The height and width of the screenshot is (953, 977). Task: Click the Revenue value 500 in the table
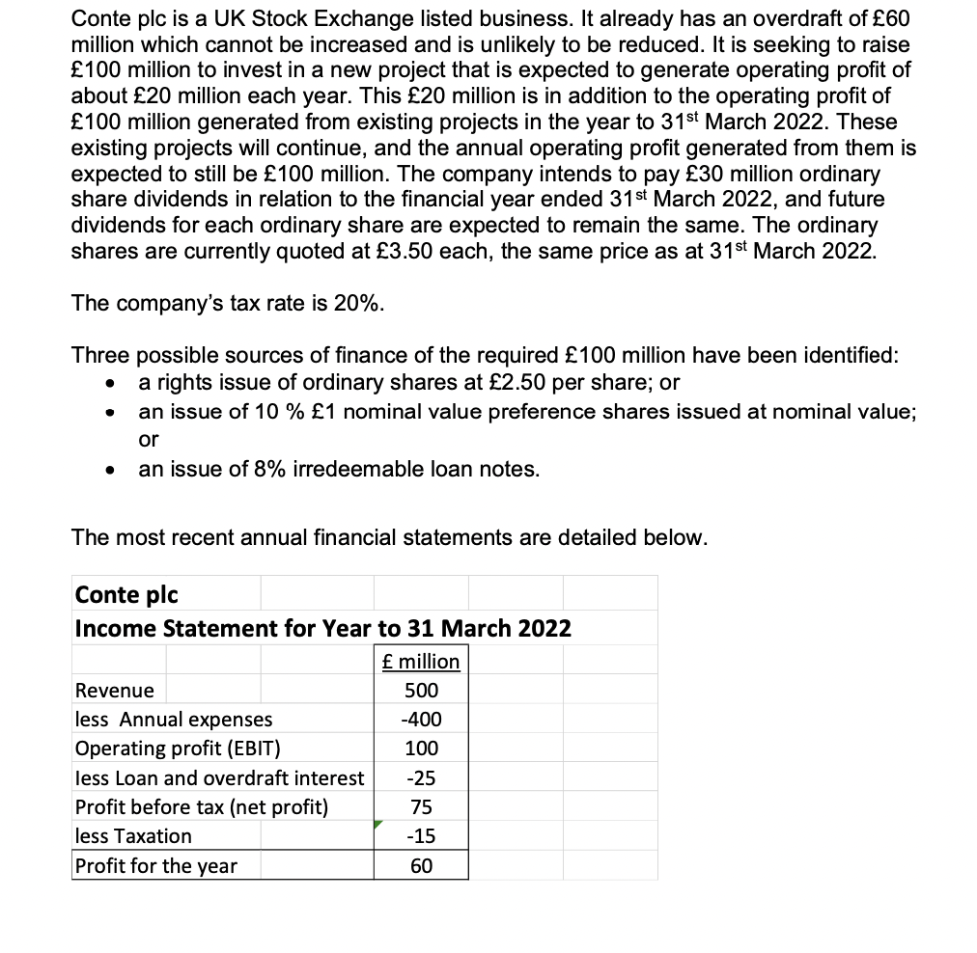(x=421, y=691)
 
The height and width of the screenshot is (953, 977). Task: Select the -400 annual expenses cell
(x=421, y=720)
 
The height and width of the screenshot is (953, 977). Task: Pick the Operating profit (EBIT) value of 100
(x=421, y=749)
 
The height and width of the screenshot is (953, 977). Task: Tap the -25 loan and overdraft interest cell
(x=421, y=777)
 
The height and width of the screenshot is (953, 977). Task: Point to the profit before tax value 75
(x=421, y=806)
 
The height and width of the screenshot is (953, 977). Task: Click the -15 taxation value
(x=421, y=835)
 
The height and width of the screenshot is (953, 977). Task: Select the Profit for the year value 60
(x=421, y=865)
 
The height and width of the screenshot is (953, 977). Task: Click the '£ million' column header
(x=421, y=661)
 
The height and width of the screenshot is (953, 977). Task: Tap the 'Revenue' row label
(x=114, y=691)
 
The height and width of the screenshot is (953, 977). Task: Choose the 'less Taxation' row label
(x=133, y=835)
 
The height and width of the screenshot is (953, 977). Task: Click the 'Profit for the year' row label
(x=155, y=865)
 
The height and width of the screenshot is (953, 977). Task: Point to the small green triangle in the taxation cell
(x=380, y=826)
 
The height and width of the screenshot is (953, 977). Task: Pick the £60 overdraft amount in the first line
(x=883, y=19)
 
